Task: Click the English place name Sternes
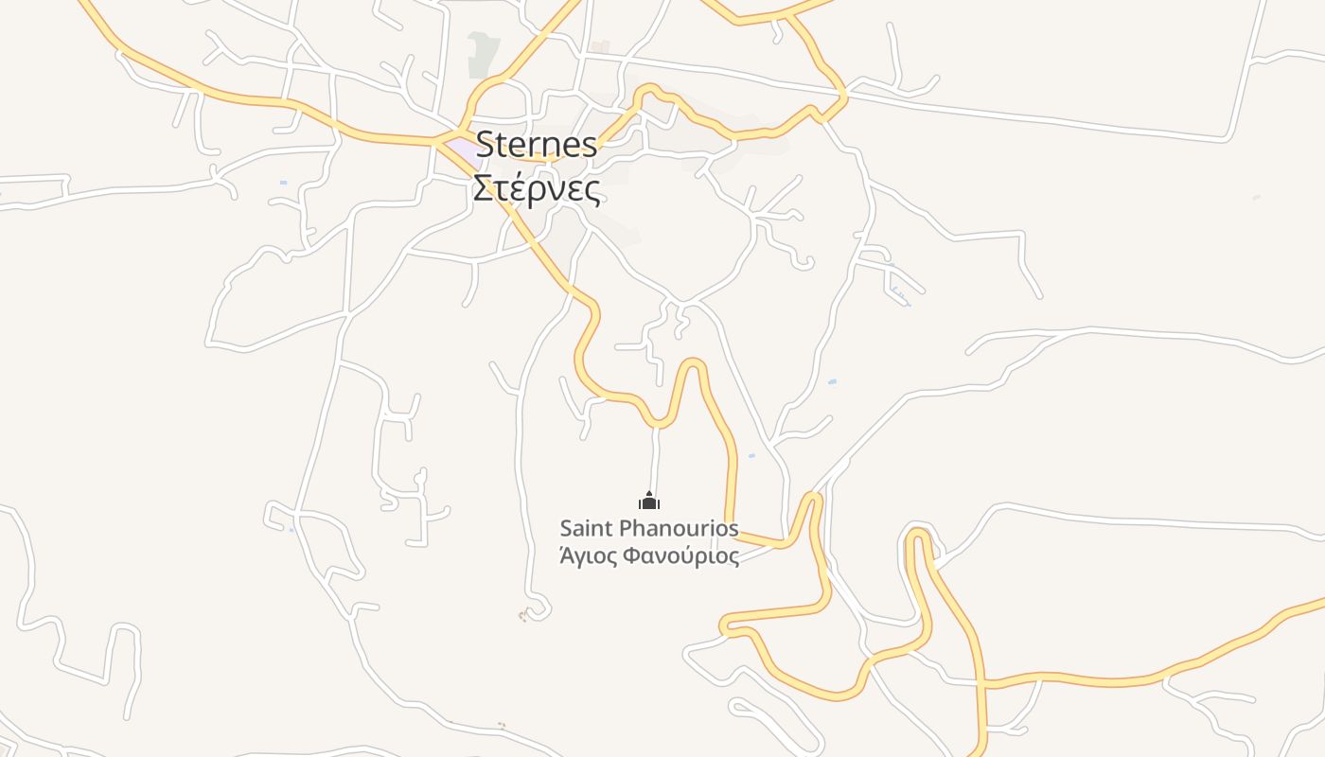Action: tap(537, 145)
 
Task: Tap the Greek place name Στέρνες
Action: tap(537, 188)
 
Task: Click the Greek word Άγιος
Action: tap(586, 555)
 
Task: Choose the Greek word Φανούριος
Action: tap(679, 555)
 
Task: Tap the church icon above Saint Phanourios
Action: tap(648, 501)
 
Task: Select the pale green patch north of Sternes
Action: tap(482, 54)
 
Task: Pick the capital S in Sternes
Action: tap(486, 145)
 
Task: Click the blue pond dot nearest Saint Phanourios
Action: tap(751, 456)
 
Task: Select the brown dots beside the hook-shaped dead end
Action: tap(522, 616)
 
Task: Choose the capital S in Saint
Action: tap(566, 528)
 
